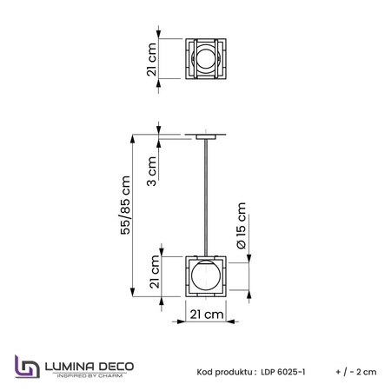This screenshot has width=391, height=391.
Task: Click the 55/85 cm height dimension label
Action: [126, 205]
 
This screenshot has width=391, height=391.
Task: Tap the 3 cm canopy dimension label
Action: [152, 171]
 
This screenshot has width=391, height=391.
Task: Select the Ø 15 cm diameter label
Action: [241, 225]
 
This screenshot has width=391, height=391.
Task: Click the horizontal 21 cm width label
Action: [207, 315]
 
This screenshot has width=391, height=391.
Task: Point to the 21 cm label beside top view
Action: [151, 59]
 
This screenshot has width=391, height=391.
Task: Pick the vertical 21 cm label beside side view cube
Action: [155, 272]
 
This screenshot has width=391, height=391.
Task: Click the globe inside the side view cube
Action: [206, 275]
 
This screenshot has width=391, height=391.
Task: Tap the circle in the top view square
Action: [206, 58]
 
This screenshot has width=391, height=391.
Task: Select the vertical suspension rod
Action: [206, 198]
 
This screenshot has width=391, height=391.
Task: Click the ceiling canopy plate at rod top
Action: [206, 136]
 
